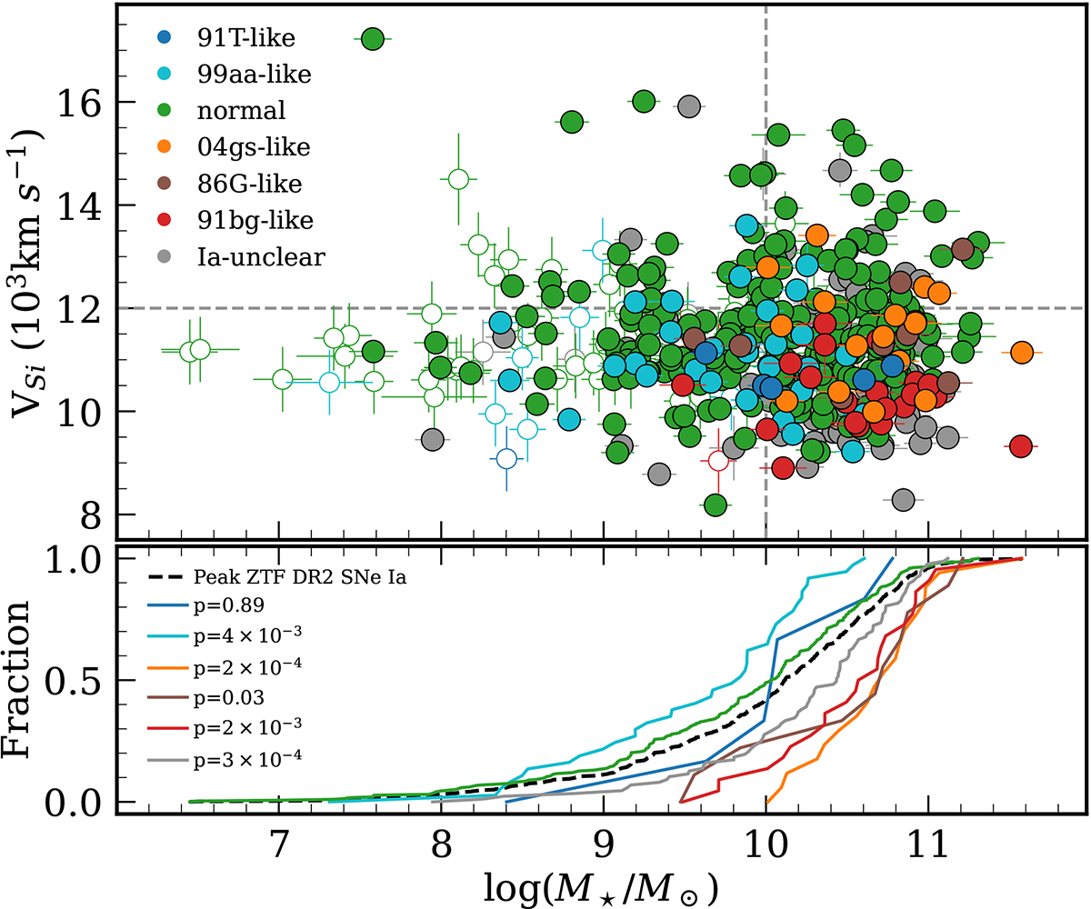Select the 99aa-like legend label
click(x=243, y=75)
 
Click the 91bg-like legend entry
click(x=245, y=220)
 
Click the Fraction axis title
click(x=25, y=682)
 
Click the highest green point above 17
click(x=372, y=38)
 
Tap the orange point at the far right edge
click(x=1021, y=352)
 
